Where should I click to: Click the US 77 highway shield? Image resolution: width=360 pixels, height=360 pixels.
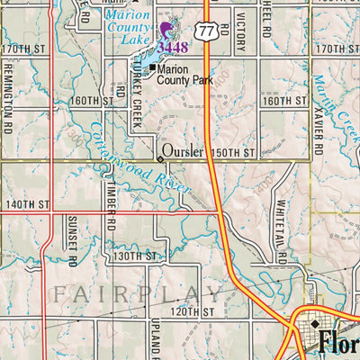point(207,31)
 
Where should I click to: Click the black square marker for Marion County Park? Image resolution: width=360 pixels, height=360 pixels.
point(153,67)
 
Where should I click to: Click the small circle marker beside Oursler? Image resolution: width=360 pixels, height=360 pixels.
point(161,158)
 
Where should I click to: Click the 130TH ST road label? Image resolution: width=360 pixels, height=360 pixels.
point(136,256)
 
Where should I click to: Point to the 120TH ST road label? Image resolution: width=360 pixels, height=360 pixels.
point(196,311)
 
